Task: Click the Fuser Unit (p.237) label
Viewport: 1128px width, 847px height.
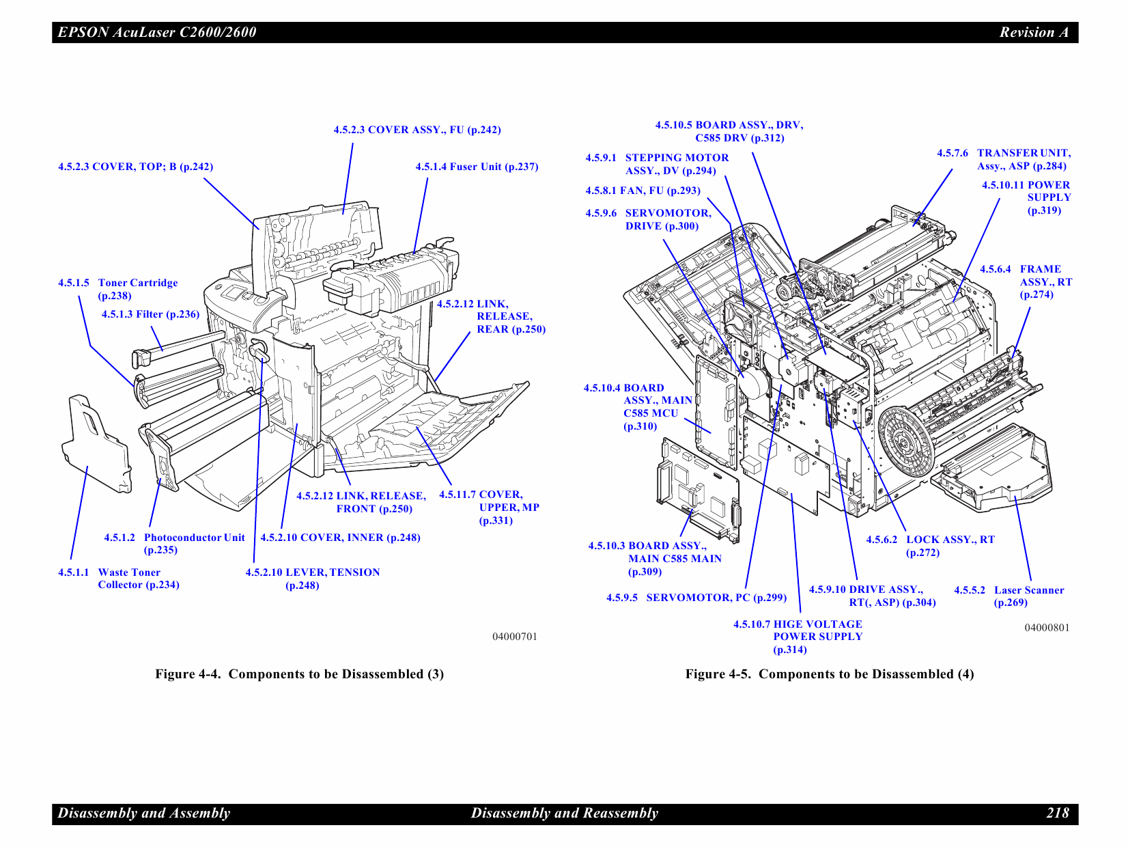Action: coord(477,167)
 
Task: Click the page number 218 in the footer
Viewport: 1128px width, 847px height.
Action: coord(1057,813)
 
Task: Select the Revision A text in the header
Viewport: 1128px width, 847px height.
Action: coord(1034,32)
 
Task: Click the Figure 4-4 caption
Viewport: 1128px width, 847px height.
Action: coord(299,674)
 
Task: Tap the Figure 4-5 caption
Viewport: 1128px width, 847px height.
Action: coord(829,674)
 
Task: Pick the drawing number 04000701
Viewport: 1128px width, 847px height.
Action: coord(515,637)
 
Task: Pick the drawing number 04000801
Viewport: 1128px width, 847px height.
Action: coord(1047,628)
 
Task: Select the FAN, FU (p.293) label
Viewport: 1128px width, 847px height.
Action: coord(643,191)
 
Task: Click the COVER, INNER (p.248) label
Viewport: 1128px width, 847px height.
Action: coord(340,538)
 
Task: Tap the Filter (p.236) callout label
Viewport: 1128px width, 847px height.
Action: coord(150,314)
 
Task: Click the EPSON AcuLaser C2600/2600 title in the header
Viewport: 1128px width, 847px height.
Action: coord(157,32)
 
